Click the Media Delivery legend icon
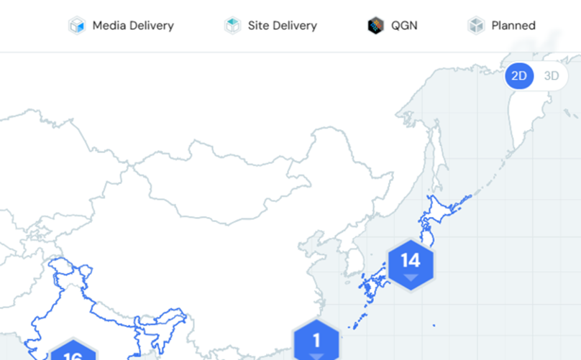click(77, 25)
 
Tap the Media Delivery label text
click(133, 26)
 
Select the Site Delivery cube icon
click(233, 25)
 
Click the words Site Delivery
click(283, 26)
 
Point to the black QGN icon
click(375, 25)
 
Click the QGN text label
click(404, 26)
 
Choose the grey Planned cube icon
click(476, 25)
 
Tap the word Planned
click(513, 26)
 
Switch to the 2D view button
click(519, 76)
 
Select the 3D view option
click(552, 76)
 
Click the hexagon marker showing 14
click(411, 265)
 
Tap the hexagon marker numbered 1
click(316, 340)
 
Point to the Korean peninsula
click(353, 256)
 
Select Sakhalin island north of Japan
click(436, 155)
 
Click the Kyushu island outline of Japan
click(369, 287)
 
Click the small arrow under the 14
click(411, 277)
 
